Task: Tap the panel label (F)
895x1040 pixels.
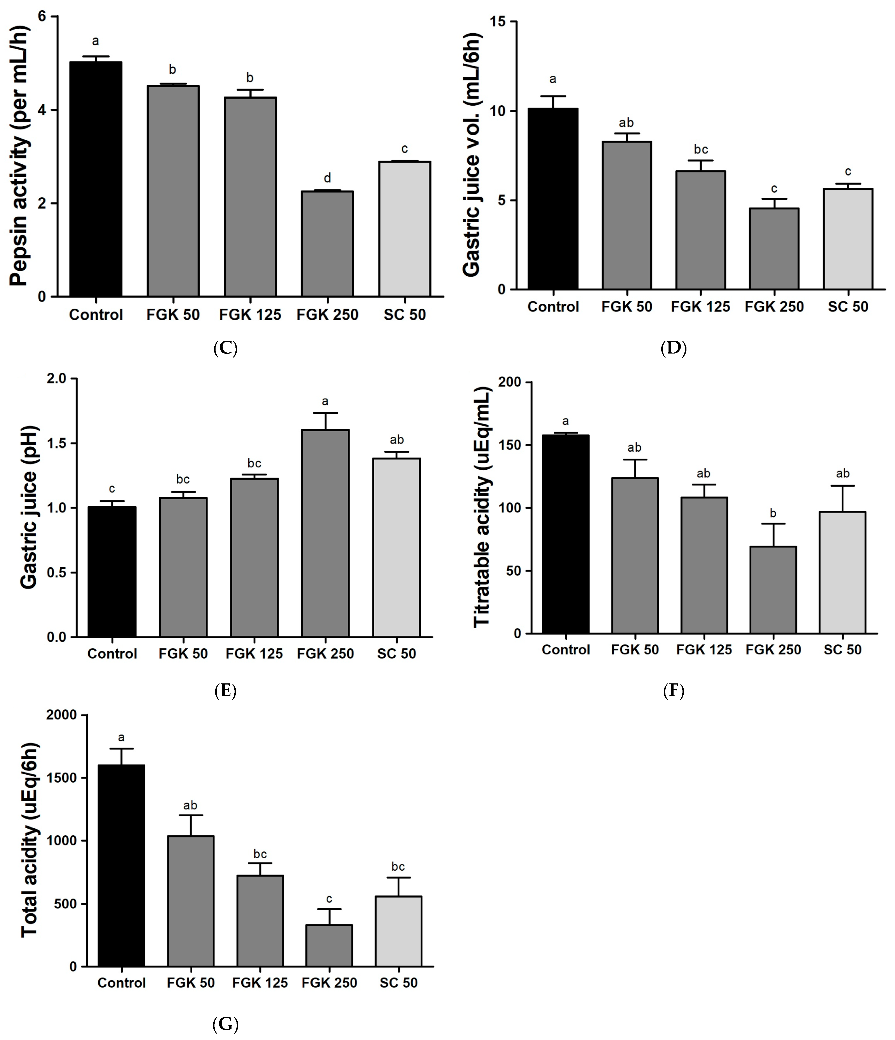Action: pyautogui.click(x=673, y=691)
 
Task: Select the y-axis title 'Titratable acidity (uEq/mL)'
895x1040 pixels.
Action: pyautogui.click(x=482, y=507)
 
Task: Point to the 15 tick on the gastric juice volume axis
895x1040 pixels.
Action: pyautogui.click(x=500, y=22)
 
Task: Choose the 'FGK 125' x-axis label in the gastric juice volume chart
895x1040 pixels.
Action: pyautogui.click(x=700, y=307)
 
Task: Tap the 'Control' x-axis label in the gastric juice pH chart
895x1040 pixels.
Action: pyautogui.click(x=112, y=653)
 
